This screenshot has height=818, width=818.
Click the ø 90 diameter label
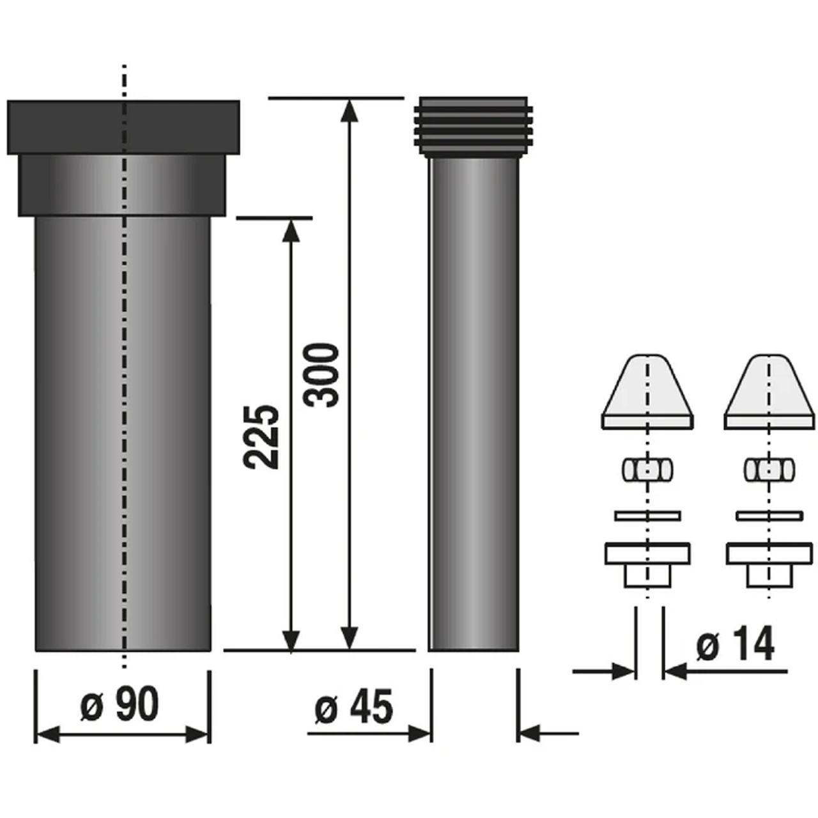click(x=120, y=704)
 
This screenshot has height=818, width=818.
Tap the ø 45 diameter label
click(x=354, y=707)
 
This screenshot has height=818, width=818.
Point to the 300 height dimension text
click(x=321, y=376)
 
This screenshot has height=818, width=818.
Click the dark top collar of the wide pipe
click(x=123, y=127)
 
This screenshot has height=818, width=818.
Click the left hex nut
click(x=647, y=469)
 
